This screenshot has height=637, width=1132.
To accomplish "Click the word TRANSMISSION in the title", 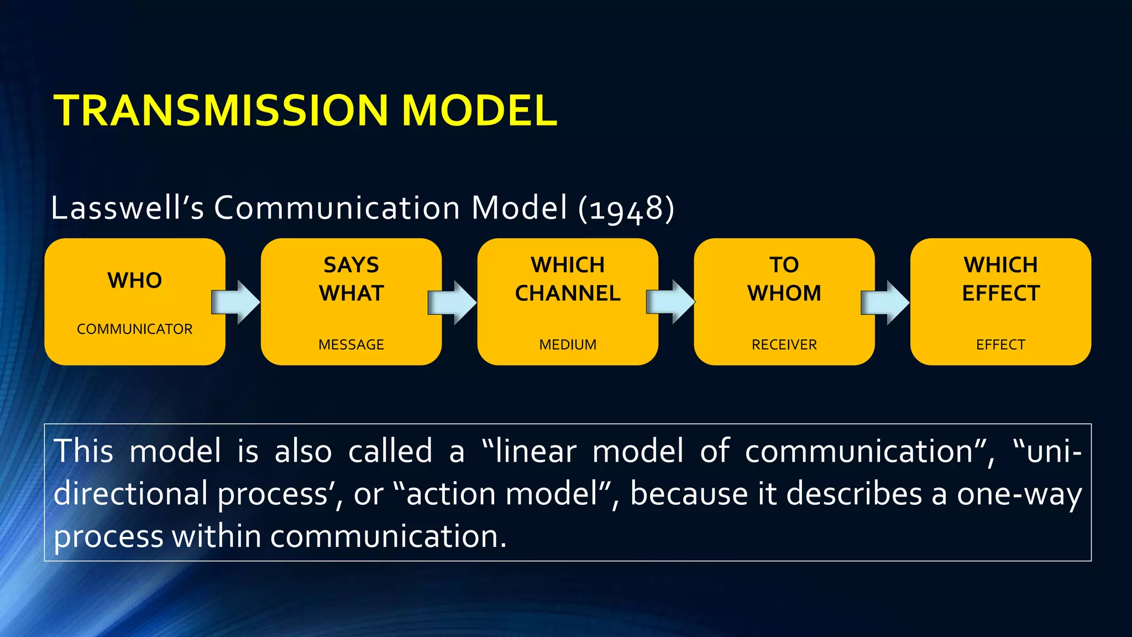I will click(221, 111).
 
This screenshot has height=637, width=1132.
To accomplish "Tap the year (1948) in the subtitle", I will click(626, 209).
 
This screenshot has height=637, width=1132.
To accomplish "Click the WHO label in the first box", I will click(135, 280).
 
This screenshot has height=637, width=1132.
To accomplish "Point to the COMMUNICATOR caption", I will click(135, 329).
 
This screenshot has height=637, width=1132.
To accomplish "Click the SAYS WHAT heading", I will click(352, 279).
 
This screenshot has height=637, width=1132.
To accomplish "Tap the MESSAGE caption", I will click(352, 344).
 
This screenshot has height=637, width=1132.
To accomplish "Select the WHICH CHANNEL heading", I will click(568, 279).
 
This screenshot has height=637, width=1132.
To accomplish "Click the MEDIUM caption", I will click(568, 344).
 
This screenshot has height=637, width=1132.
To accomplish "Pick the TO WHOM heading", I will click(784, 279).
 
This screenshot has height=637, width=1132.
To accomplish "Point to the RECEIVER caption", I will click(784, 344).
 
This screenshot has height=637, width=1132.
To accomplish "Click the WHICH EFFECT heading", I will click(1000, 279).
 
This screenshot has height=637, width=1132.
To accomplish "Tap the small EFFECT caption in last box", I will click(1000, 344).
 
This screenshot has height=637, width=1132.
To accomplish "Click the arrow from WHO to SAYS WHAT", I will click(237, 302).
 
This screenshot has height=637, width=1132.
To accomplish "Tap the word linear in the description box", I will click(536, 451).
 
